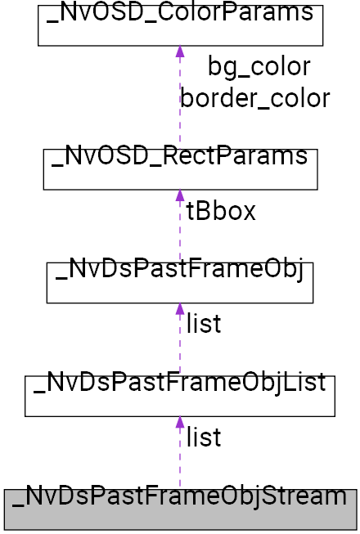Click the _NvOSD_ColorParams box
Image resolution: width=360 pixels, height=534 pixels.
click(x=181, y=25)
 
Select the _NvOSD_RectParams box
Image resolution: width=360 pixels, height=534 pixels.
click(x=180, y=168)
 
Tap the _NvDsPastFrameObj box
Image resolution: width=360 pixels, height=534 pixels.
click(x=180, y=282)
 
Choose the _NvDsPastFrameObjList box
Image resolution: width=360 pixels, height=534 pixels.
click(x=180, y=396)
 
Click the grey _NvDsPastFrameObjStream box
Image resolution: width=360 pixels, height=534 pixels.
click(x=180, y=509)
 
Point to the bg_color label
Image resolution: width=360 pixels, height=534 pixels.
click(x=259, y=67)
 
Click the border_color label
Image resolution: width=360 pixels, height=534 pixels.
click(x=255, y=98)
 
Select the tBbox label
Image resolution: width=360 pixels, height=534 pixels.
click(x=221, y=212)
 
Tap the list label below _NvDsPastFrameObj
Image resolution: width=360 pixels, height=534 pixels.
click(x=204, y=325)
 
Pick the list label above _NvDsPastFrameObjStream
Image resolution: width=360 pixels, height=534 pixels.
click(x=204, y=438)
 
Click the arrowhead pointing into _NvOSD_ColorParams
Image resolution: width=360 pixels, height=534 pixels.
click(x=180, y=52)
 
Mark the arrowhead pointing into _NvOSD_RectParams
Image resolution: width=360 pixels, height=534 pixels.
click(x=180, y=196)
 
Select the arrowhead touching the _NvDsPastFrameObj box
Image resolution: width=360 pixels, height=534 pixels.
click(x=180, y=309)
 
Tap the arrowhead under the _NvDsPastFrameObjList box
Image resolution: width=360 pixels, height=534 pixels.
click(x=180, y=423)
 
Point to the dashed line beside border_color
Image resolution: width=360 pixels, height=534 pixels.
click(x=180, y=106)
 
